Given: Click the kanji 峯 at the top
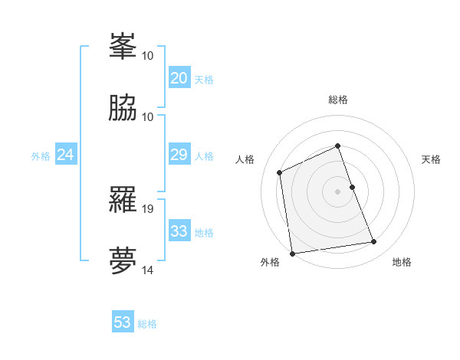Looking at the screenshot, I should click(x=123, y=46).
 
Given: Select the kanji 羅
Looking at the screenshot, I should click(x=123, y=200).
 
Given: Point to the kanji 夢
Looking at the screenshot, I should click(x=123, y=260).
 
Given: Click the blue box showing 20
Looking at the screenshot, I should click(x=179, y=78).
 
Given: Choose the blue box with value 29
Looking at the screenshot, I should click(x=179, y=155).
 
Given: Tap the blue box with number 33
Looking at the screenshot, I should click(x=179, y=231).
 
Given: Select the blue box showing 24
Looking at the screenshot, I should click(x=66, y=155).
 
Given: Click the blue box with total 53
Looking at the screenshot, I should click(x=123, y=322).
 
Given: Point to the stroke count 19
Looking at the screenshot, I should click(x=148, y=208).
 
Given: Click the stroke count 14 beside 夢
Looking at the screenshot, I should click(x=148, y=270).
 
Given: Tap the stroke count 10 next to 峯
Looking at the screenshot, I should click(x=148, y=55).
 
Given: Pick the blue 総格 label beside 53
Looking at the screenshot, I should click(x=148, y=323).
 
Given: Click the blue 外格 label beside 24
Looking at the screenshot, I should click(x=41, y=156).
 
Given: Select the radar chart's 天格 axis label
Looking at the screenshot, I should click(x=431, y=159).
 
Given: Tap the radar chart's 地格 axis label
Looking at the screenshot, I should click(x=402, y=262).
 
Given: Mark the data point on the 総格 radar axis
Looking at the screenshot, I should click(x=337, y=146).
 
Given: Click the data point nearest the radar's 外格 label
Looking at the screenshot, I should click(x=292, y=253).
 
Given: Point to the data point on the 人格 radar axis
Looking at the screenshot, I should click(x=280, y=172).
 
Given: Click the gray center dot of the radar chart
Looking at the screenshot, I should click(x=337, y=191).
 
